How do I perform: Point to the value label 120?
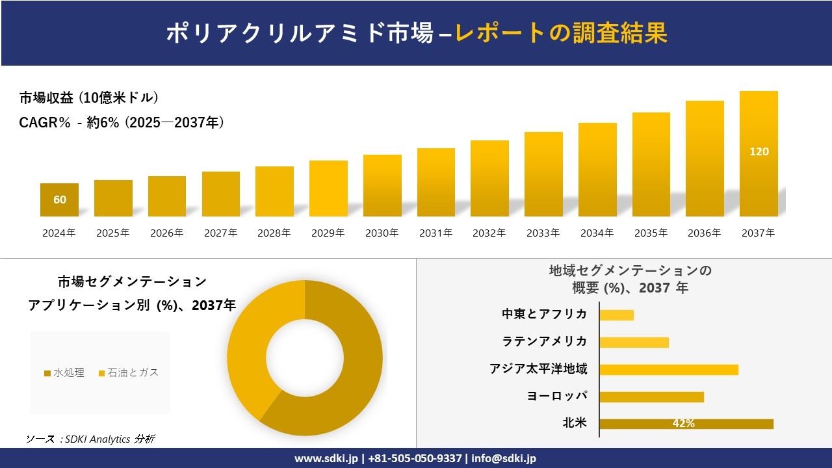click(x=759, y=151)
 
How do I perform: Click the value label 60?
click(x=60, y=200)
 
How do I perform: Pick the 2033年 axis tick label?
click(x=543, y=233)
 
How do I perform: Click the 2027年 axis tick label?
click(x=220, y=233)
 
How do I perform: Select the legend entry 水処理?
click(x=64, y=372)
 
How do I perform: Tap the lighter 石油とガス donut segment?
click(x=250, y=344)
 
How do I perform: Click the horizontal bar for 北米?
click(x=686, y=424)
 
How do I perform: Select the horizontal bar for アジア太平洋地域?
click(x=668, y=369)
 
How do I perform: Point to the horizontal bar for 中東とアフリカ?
click(x=616, y=315)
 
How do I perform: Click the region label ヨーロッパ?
click(x=557, y=396)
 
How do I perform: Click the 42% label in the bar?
click(x=683, y=424)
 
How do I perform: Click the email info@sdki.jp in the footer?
click(x=504, y=458)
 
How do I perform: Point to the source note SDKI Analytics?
click(x=90, y=439)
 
